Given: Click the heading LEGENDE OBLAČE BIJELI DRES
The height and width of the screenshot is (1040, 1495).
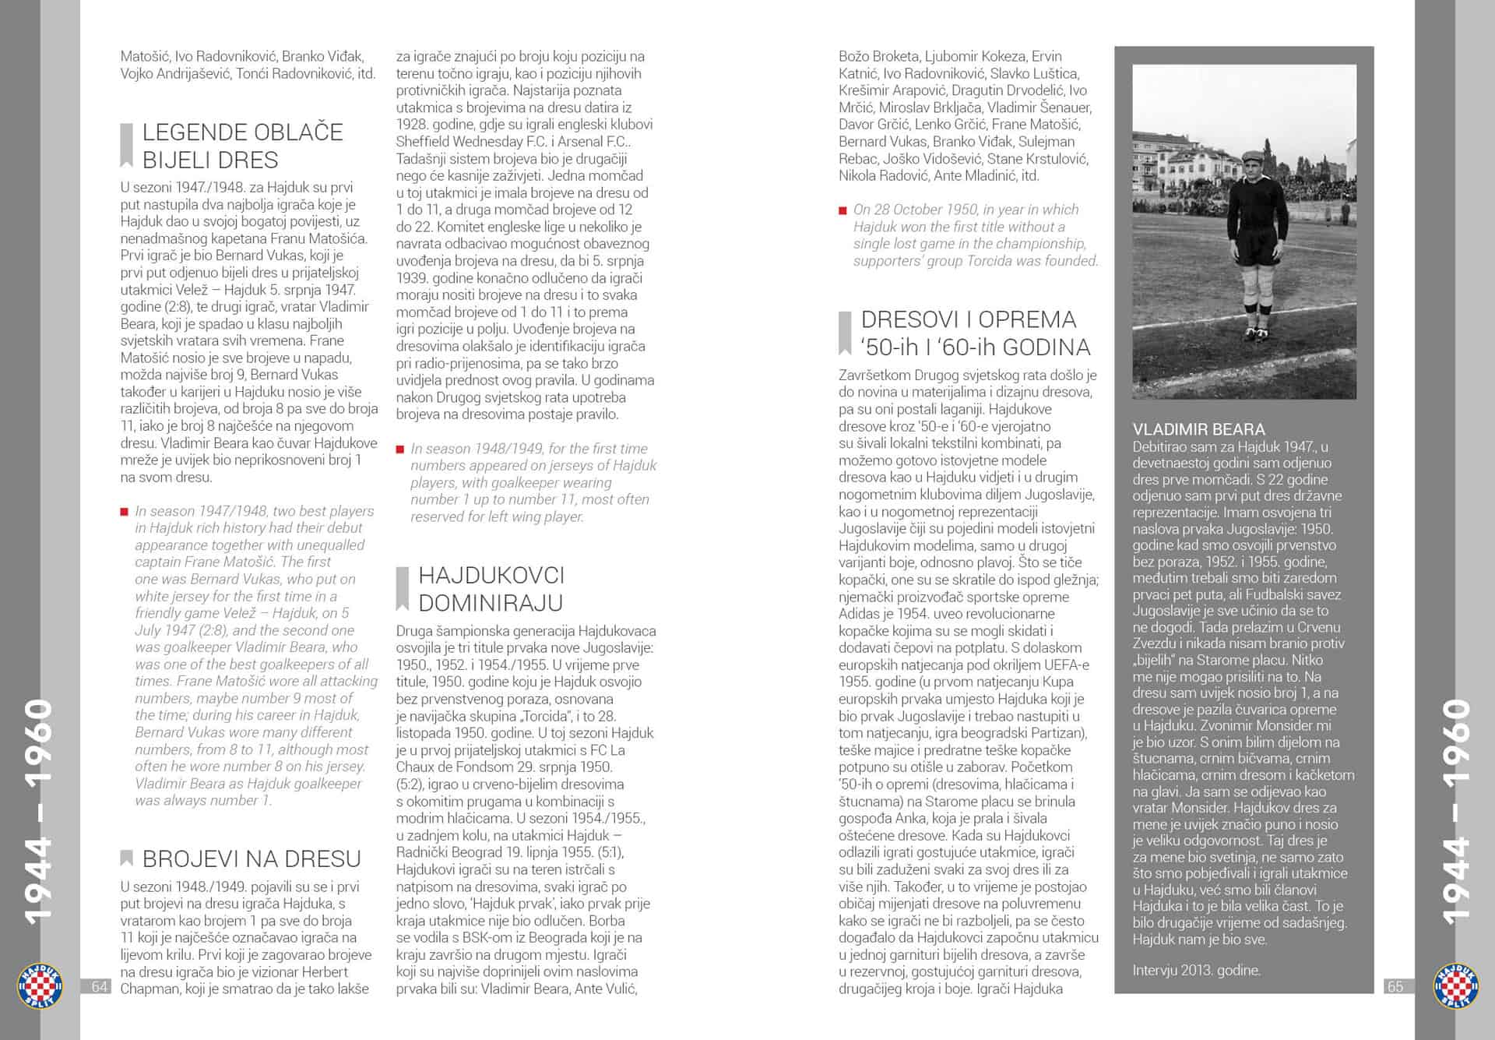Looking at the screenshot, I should pyautogui.click(x=242, y=146).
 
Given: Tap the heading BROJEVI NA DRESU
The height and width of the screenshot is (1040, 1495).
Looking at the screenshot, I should pyautogui.click(x=252, y=858).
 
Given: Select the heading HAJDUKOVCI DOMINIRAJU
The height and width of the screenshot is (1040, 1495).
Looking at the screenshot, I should pyautogui.click(x=491, y=589).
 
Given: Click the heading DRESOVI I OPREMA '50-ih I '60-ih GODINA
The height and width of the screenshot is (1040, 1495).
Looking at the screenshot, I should pyautogui.click(x=975, y=333).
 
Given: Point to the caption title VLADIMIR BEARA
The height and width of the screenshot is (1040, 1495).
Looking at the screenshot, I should pyautogui.click(x=1198, y=429).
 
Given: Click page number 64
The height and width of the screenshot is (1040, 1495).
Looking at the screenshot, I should pyautogui.click(x=99, y=986).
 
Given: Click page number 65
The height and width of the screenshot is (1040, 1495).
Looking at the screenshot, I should pyautogui.click(x=1395, y=986).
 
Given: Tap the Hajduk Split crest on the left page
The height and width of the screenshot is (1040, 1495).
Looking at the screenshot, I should pyautogui.click(x=40, y=985).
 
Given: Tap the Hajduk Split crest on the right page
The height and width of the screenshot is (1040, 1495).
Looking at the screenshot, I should pyautogui.click(x=1455, y=985).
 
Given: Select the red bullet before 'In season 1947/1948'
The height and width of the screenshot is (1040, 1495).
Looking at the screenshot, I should pyautogui.click(x=125, y=512).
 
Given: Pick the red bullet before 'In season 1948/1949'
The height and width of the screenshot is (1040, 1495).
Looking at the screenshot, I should pyautogui.click(x=400, y=449).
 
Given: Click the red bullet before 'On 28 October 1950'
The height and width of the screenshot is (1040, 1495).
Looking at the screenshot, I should pyautogui.click(x=842, y=210).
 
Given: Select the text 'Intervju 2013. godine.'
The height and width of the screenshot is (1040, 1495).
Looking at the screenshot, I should pyautogui.click(x=1196, y=970).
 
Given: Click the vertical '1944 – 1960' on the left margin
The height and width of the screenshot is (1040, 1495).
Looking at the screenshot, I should pyautogui.click(x=37, y=810).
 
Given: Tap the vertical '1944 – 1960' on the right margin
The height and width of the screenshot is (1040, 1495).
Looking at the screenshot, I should pyautogui.click(x=1455, y=810).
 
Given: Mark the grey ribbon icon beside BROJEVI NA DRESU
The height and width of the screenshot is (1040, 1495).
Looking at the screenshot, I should pyautogui.click(x=126, y=858).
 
